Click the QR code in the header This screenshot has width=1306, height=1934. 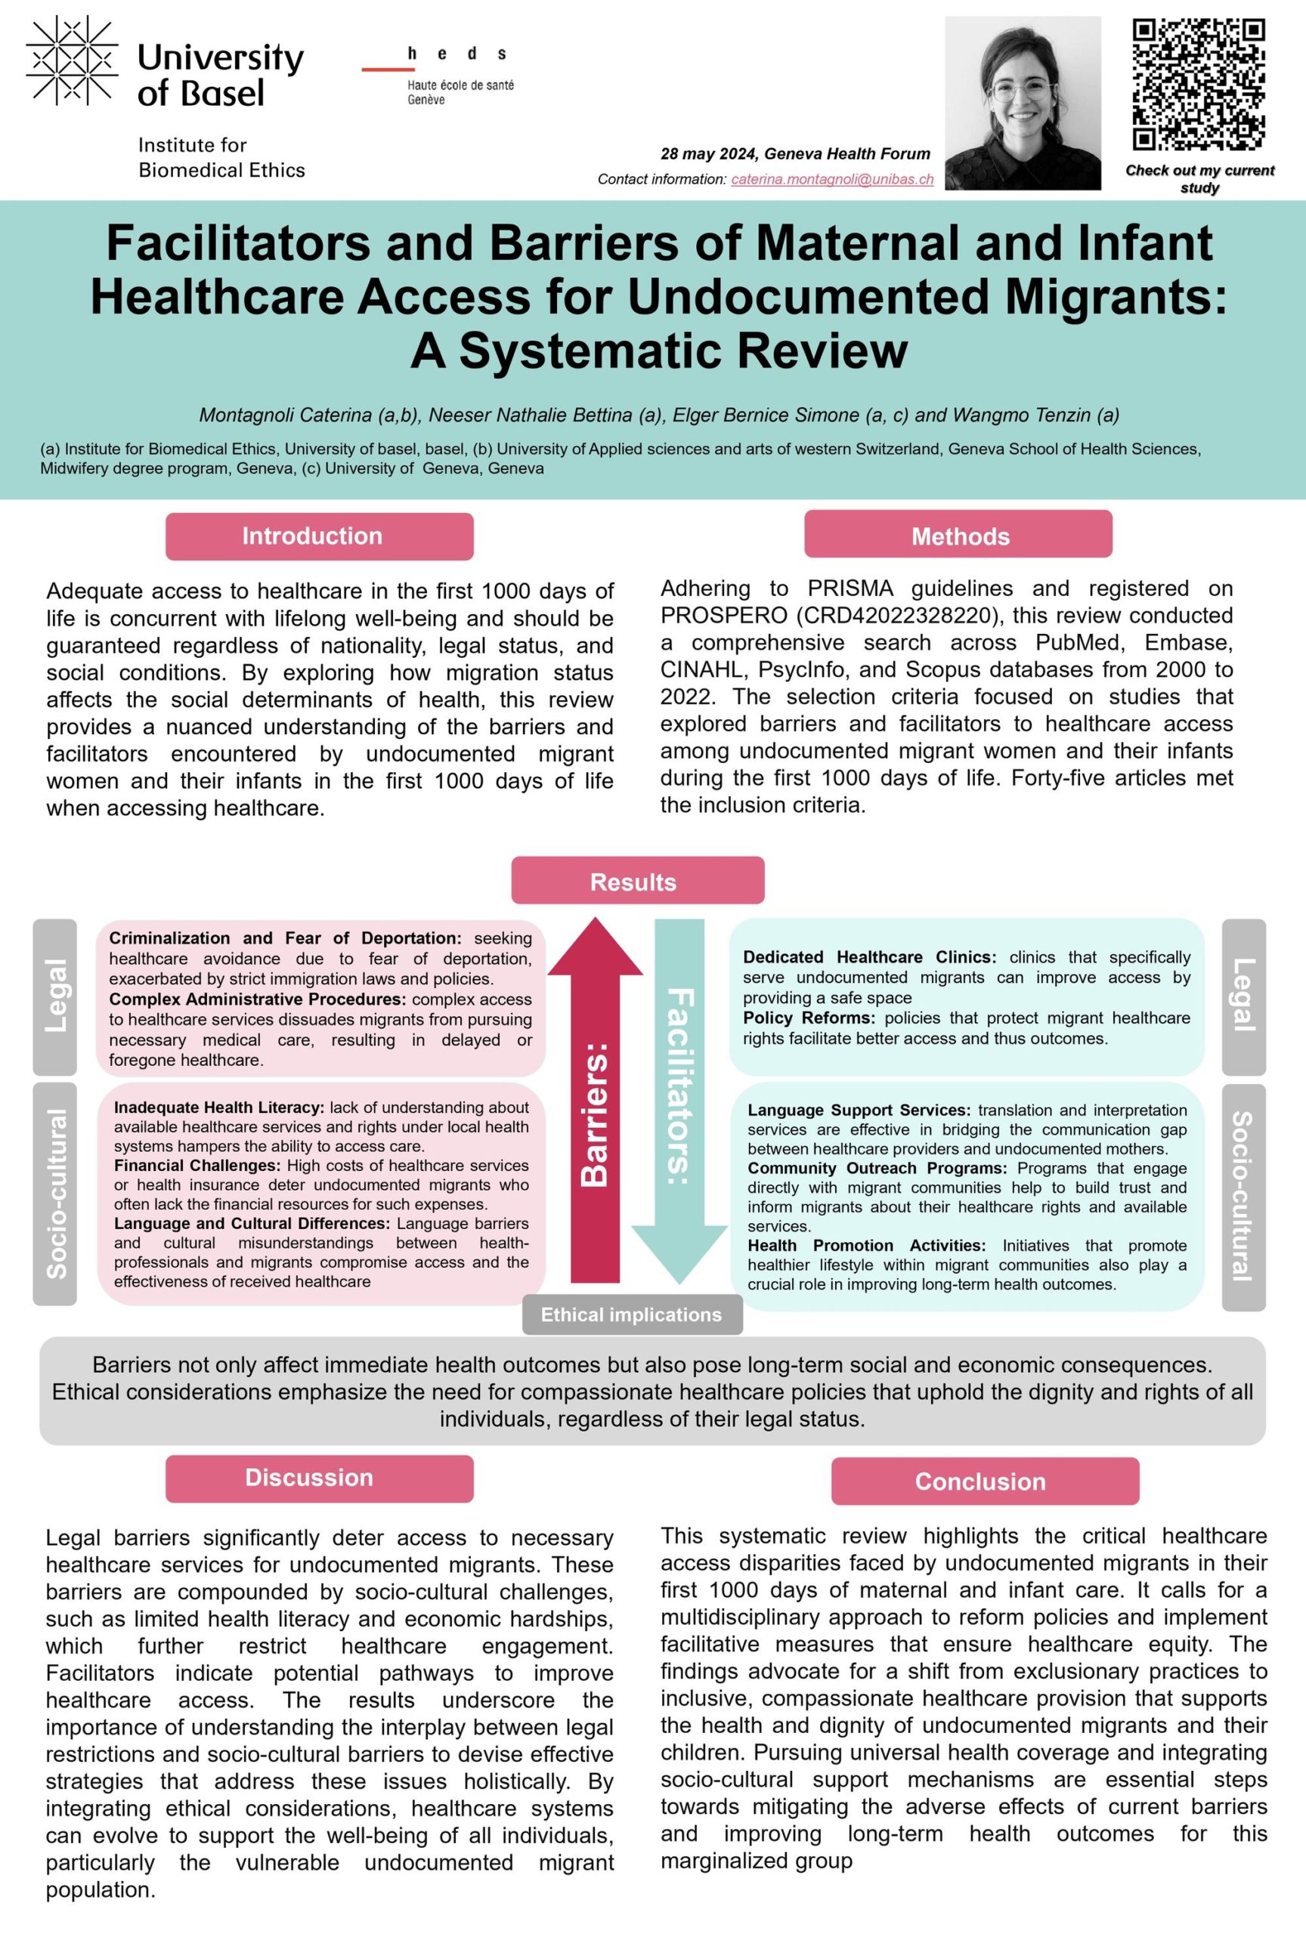tap(1199, 84)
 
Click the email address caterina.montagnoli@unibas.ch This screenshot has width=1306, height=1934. tap(831, 179)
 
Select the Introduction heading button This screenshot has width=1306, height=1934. tap(319, 536)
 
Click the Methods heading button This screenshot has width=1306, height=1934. tap(958, 535)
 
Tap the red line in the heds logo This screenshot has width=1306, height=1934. tap(388, 69)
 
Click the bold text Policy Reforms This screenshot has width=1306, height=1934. tap(808, 1018)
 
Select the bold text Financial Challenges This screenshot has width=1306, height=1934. tap(197, 1165)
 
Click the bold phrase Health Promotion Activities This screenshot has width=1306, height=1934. tap(865, 1245)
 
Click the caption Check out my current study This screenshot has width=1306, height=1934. tap(1199, 178)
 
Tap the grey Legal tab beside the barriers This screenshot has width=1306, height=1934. tap(55, 996)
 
